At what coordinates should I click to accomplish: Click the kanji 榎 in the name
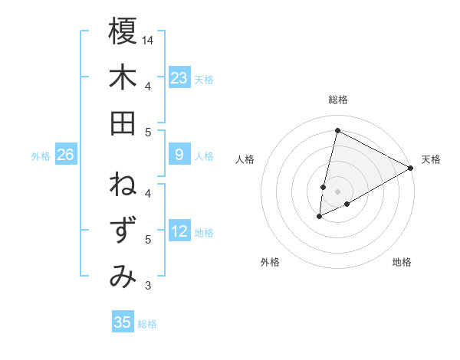point(123,31)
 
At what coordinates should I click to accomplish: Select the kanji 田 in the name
point(123,123)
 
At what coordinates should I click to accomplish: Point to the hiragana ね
point(123,185)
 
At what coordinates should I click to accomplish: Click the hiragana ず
point(123,231)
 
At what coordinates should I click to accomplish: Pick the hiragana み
point(123,277)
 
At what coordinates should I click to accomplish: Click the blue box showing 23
point(179,77)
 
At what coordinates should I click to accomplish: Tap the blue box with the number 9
point(179,155)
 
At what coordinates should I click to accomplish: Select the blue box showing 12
point(179,231)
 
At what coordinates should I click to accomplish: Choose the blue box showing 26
point(66,155)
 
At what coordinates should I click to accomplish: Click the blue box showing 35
point(123,322)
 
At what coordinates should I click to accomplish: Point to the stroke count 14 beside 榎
point(149,39)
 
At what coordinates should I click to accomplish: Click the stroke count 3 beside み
point(148,286)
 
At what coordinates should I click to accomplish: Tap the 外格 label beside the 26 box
point(41,155)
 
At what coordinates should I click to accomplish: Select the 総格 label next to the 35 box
point(147,323)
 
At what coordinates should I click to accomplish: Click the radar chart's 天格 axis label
point(431,159)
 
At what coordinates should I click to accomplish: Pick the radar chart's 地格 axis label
point(402,262)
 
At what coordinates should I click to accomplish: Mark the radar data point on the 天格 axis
point(411,168)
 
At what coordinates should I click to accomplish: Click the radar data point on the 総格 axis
point(337,129)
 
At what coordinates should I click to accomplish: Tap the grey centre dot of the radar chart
point(337,191)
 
